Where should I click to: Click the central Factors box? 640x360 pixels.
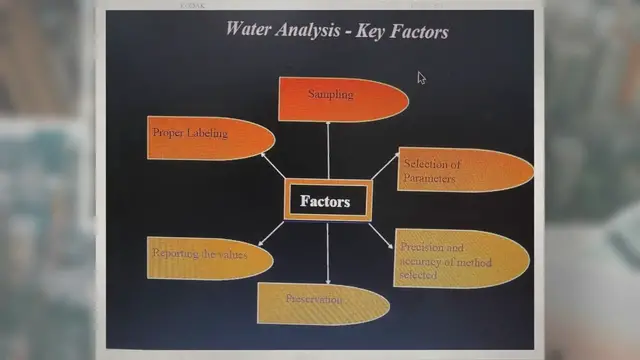[x=326, y=201]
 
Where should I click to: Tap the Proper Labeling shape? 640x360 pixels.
[x=209, y=138]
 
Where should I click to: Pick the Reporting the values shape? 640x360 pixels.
[x=208, y=258]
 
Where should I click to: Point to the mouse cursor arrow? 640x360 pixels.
[x=422, y=78]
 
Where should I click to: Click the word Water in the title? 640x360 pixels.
[x=247, y=28]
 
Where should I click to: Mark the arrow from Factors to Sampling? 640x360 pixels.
[x=328, y=150]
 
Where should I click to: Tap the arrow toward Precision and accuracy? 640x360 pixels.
[x=381, y=236]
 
